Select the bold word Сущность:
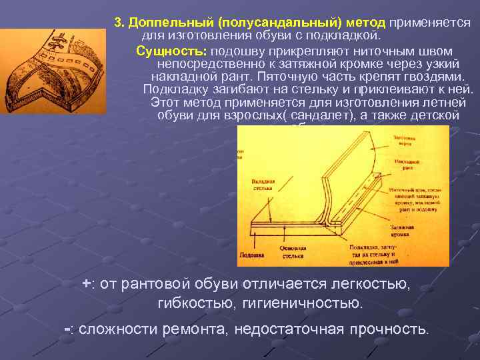pos(171,51)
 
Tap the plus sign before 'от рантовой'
pos(86,283)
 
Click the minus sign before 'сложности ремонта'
pos(67,329)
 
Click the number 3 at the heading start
pos(117,22)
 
